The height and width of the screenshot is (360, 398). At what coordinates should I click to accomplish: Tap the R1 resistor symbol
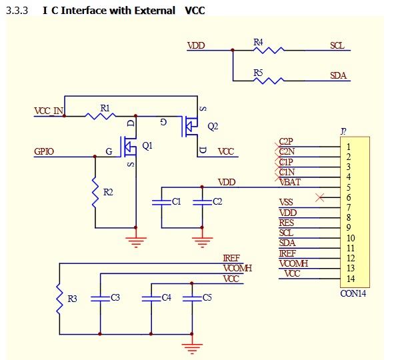coord(103,116)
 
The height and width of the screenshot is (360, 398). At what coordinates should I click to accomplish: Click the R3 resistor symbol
coord(59,298)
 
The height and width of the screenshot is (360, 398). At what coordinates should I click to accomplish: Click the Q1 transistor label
coord(148,145)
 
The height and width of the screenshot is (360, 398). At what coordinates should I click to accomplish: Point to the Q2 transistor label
coord(213,125)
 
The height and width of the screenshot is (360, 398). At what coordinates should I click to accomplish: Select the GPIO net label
coord(44,152)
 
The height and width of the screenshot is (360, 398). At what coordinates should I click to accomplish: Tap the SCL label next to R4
coord(337,45)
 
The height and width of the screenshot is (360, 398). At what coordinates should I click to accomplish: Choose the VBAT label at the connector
coord(289,182)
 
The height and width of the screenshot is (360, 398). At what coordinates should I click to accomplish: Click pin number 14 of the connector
coord(351,279)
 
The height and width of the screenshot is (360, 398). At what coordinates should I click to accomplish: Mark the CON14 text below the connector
coord(353,293)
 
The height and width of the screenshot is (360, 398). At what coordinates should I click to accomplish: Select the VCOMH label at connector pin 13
coord(293,264)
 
